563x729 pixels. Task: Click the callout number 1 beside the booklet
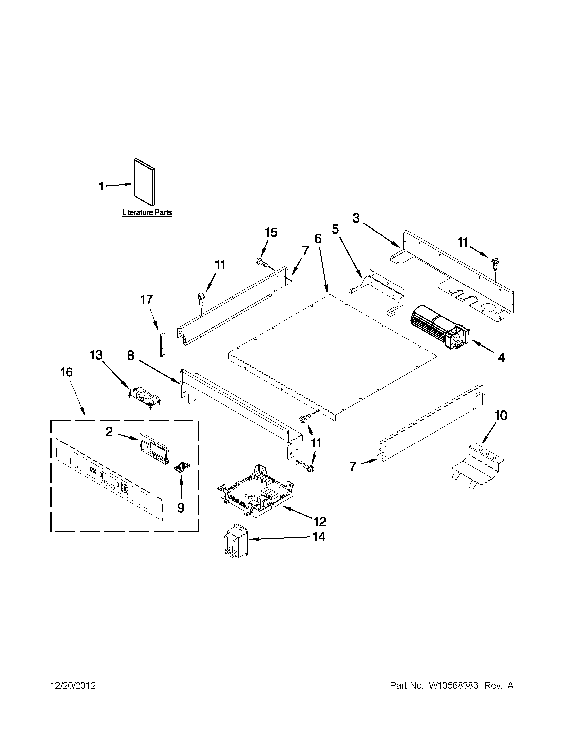pos(101,186)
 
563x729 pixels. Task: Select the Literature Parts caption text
pos(146,212)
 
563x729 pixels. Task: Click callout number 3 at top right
pos(356,218)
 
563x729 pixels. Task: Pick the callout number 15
pos(271,232)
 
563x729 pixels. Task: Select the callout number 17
pos(146,299)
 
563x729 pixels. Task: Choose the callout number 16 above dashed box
pos(66,372)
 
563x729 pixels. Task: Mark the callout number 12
pos(320,521)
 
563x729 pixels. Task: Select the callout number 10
pos(501,416)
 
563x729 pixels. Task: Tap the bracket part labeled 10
pos(477,465)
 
